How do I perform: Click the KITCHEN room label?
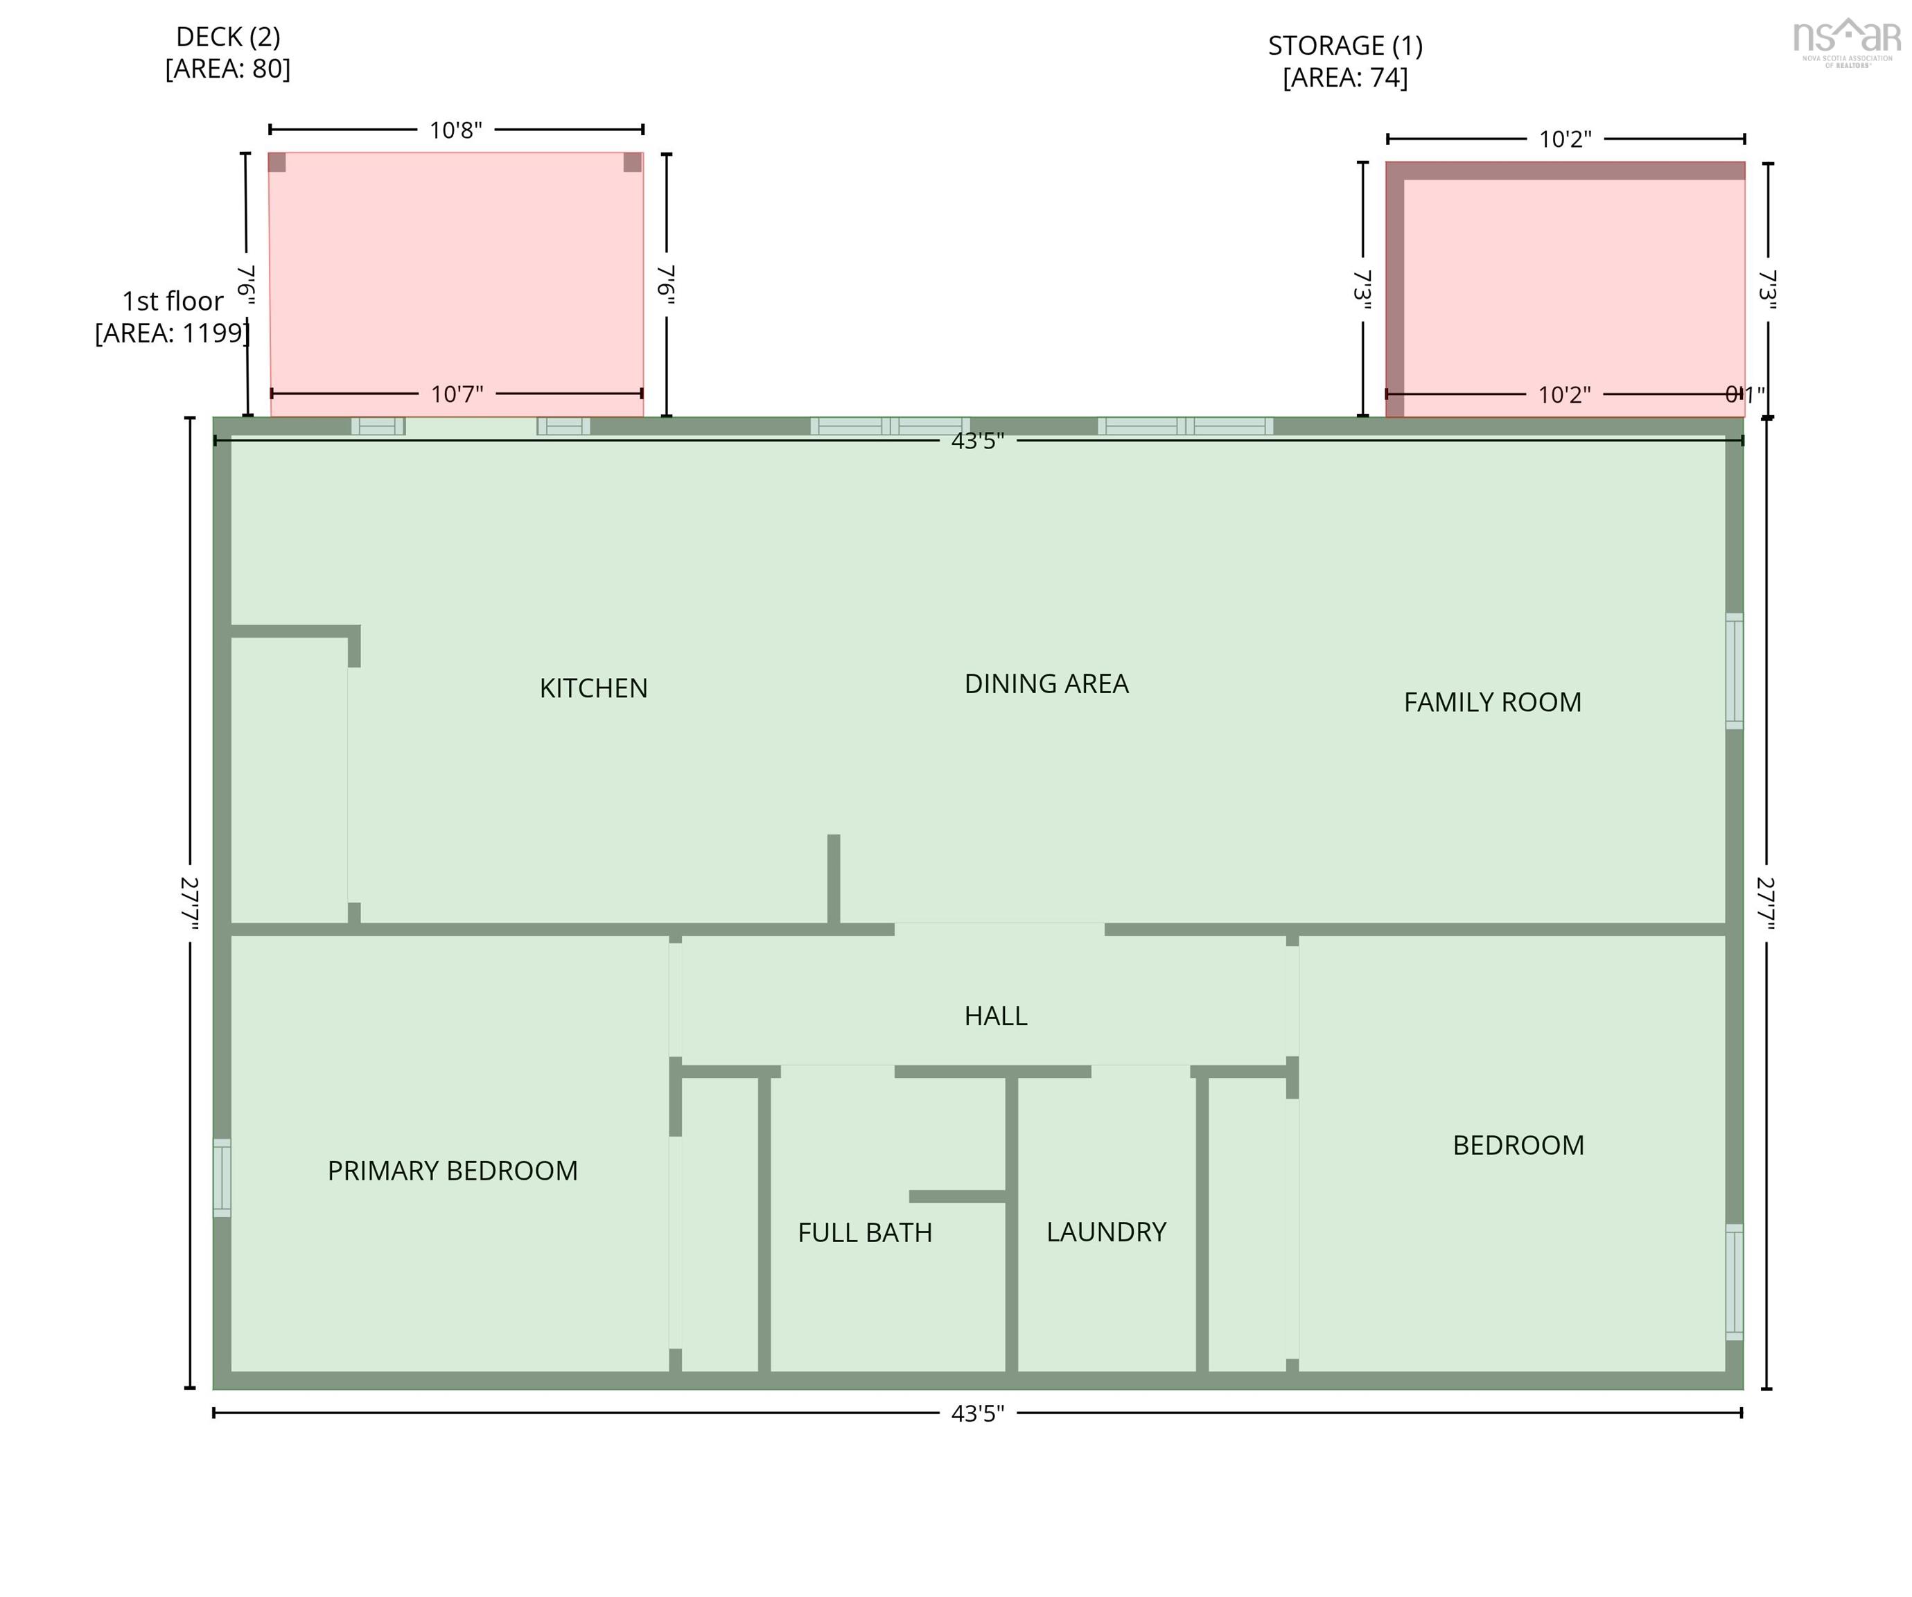594,688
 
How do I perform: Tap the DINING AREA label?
1046,683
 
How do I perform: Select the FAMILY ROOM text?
1491,702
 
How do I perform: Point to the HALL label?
995,1015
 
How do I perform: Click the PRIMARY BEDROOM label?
453,1170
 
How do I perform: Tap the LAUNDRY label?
1105,1231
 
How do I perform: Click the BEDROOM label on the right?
1518,1144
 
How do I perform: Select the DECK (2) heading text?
227,37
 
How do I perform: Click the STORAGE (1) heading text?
1344,46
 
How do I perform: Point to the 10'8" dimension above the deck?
455,130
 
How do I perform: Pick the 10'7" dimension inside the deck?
456,394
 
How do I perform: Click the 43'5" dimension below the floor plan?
977,1413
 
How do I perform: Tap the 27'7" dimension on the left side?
189,902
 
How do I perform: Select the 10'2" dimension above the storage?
1564,139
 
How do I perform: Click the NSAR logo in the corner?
1845,41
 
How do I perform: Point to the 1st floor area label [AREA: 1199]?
172,332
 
